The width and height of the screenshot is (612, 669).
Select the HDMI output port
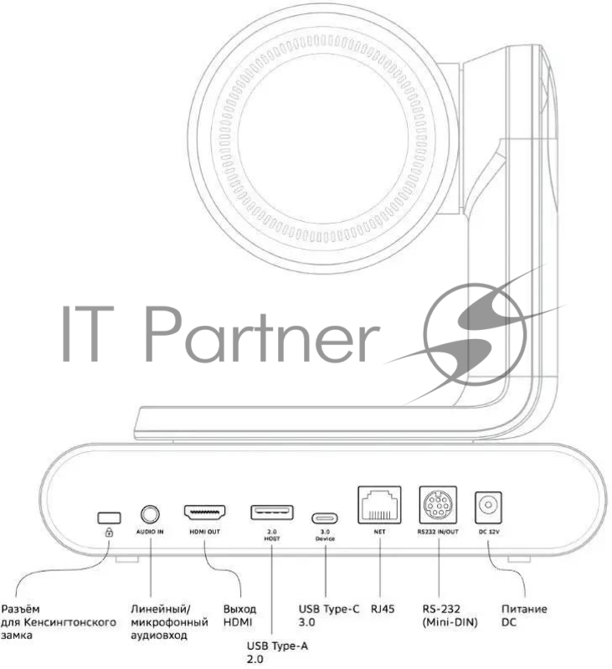tap(203, 512)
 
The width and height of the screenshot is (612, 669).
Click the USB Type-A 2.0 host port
tap(272, 512)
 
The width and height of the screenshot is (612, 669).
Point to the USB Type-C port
tap(324, 517)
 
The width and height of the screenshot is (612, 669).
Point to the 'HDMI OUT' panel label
tap(203, 532)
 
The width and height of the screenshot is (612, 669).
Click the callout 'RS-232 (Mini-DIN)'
tap(450, 615)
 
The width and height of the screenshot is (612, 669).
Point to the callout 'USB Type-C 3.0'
tap(329, 615)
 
